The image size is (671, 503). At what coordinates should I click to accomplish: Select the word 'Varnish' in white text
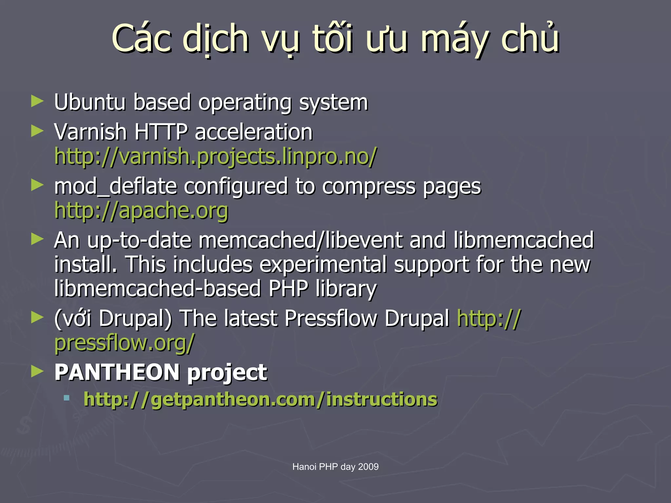tap(90, 132)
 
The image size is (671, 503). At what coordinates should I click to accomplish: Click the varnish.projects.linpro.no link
tap(216, 156)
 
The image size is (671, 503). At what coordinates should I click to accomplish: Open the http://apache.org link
tap(141, 211)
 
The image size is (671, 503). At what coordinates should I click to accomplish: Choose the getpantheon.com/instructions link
tap(260, 399)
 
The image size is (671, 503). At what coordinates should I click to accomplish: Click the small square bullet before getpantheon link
tap(67, 398)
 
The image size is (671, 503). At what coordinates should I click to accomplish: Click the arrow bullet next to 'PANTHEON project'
tap(37, 371)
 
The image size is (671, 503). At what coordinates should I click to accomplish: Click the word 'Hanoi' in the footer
tap(304, 467)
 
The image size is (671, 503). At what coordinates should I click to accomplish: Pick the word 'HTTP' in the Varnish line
tap(161, 132)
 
